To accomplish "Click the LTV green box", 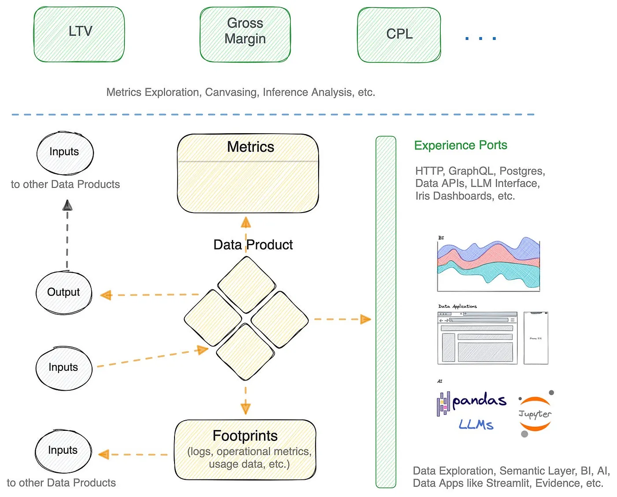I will (x=79, y=34).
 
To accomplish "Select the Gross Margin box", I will (x=245, y=34).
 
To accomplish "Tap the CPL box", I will (x=399, y=35).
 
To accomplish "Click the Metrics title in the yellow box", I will (x=250, y=147).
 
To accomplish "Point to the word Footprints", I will (x=245, y=436).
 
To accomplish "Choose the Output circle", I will (x=64, y=292).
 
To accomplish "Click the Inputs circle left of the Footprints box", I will (x=63, y=451).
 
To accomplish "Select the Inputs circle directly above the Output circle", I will (x=64, y=153).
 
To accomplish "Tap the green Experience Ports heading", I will (x=461, y=145).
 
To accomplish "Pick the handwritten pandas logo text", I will (x=479, y=400).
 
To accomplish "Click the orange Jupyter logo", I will (x=535, y=414).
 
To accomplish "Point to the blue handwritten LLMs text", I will (x=476, y=425).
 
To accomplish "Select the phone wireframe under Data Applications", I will (x=536, y=338).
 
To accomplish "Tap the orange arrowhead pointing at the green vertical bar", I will (x=365, y=319).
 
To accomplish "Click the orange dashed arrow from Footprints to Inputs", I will (x=132, y=454).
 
